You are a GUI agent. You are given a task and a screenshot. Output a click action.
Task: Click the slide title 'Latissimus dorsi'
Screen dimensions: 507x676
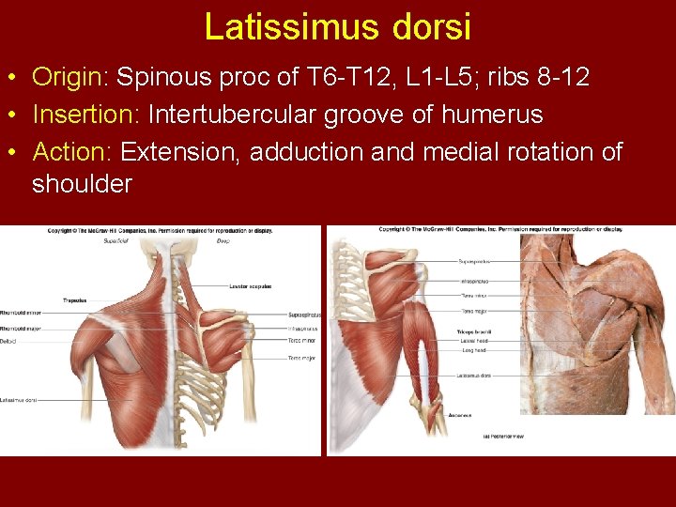tap(337, 26)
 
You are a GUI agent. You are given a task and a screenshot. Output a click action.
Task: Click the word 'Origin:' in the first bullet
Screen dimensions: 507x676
tap(70, 77)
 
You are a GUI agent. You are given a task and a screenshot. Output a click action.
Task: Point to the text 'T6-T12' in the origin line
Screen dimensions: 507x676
tap(332, 77)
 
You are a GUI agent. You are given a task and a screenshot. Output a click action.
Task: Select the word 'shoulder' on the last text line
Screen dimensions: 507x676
tap(82, 184)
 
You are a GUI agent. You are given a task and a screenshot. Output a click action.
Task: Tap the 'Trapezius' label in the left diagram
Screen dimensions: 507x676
tap(75, 301)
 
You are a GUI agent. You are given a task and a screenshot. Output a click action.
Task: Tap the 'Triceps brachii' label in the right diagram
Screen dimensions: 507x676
tap(474, 331)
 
